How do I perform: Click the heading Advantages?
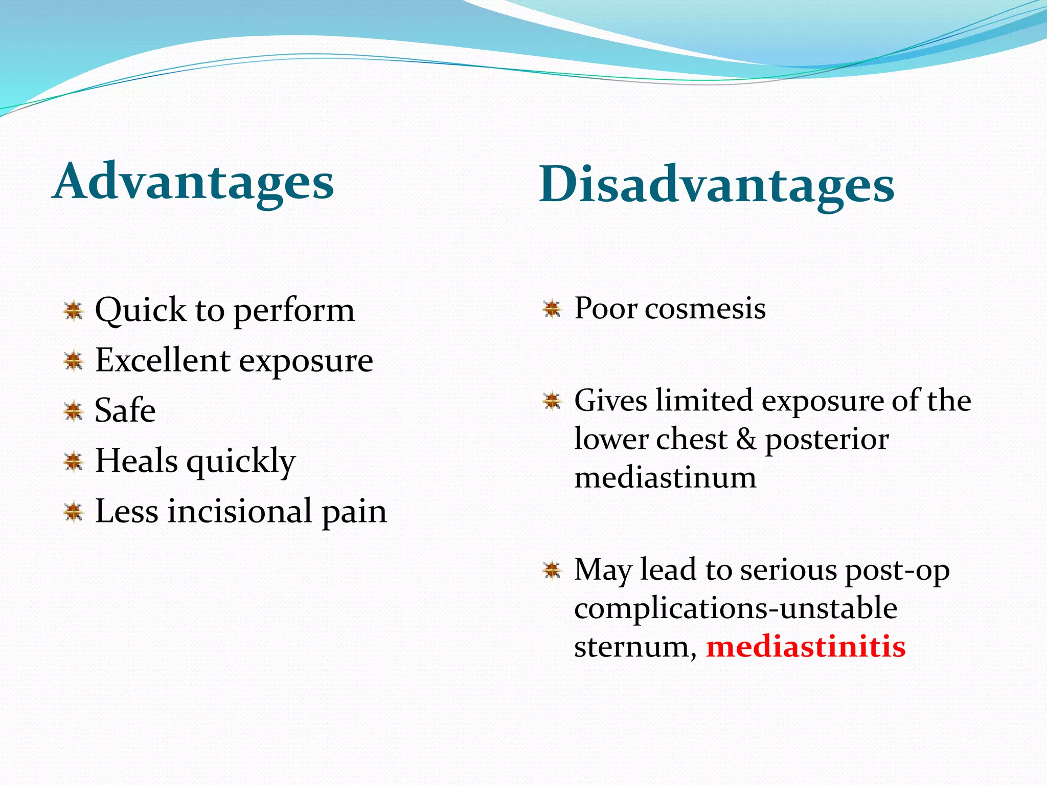tap(193, 182)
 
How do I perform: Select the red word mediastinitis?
tap(806, 646)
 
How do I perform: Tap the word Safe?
tap(125, 410)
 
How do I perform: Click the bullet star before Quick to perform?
tap(74, 310)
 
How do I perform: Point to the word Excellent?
tap(163, 360)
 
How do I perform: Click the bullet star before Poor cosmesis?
tap(552, 309)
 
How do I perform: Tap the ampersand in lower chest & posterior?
tap(746, 439)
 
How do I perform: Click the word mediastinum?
tap(665, 478)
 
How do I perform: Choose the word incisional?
tap(240, 511)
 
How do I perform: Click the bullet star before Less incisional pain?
tap(74, 511)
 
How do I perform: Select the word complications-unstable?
tap(735, 608)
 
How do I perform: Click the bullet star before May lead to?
tap(552, 570)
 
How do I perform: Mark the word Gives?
tap(610, 400)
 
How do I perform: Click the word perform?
tap(294, 311)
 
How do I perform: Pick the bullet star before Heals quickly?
tap(74, 461)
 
